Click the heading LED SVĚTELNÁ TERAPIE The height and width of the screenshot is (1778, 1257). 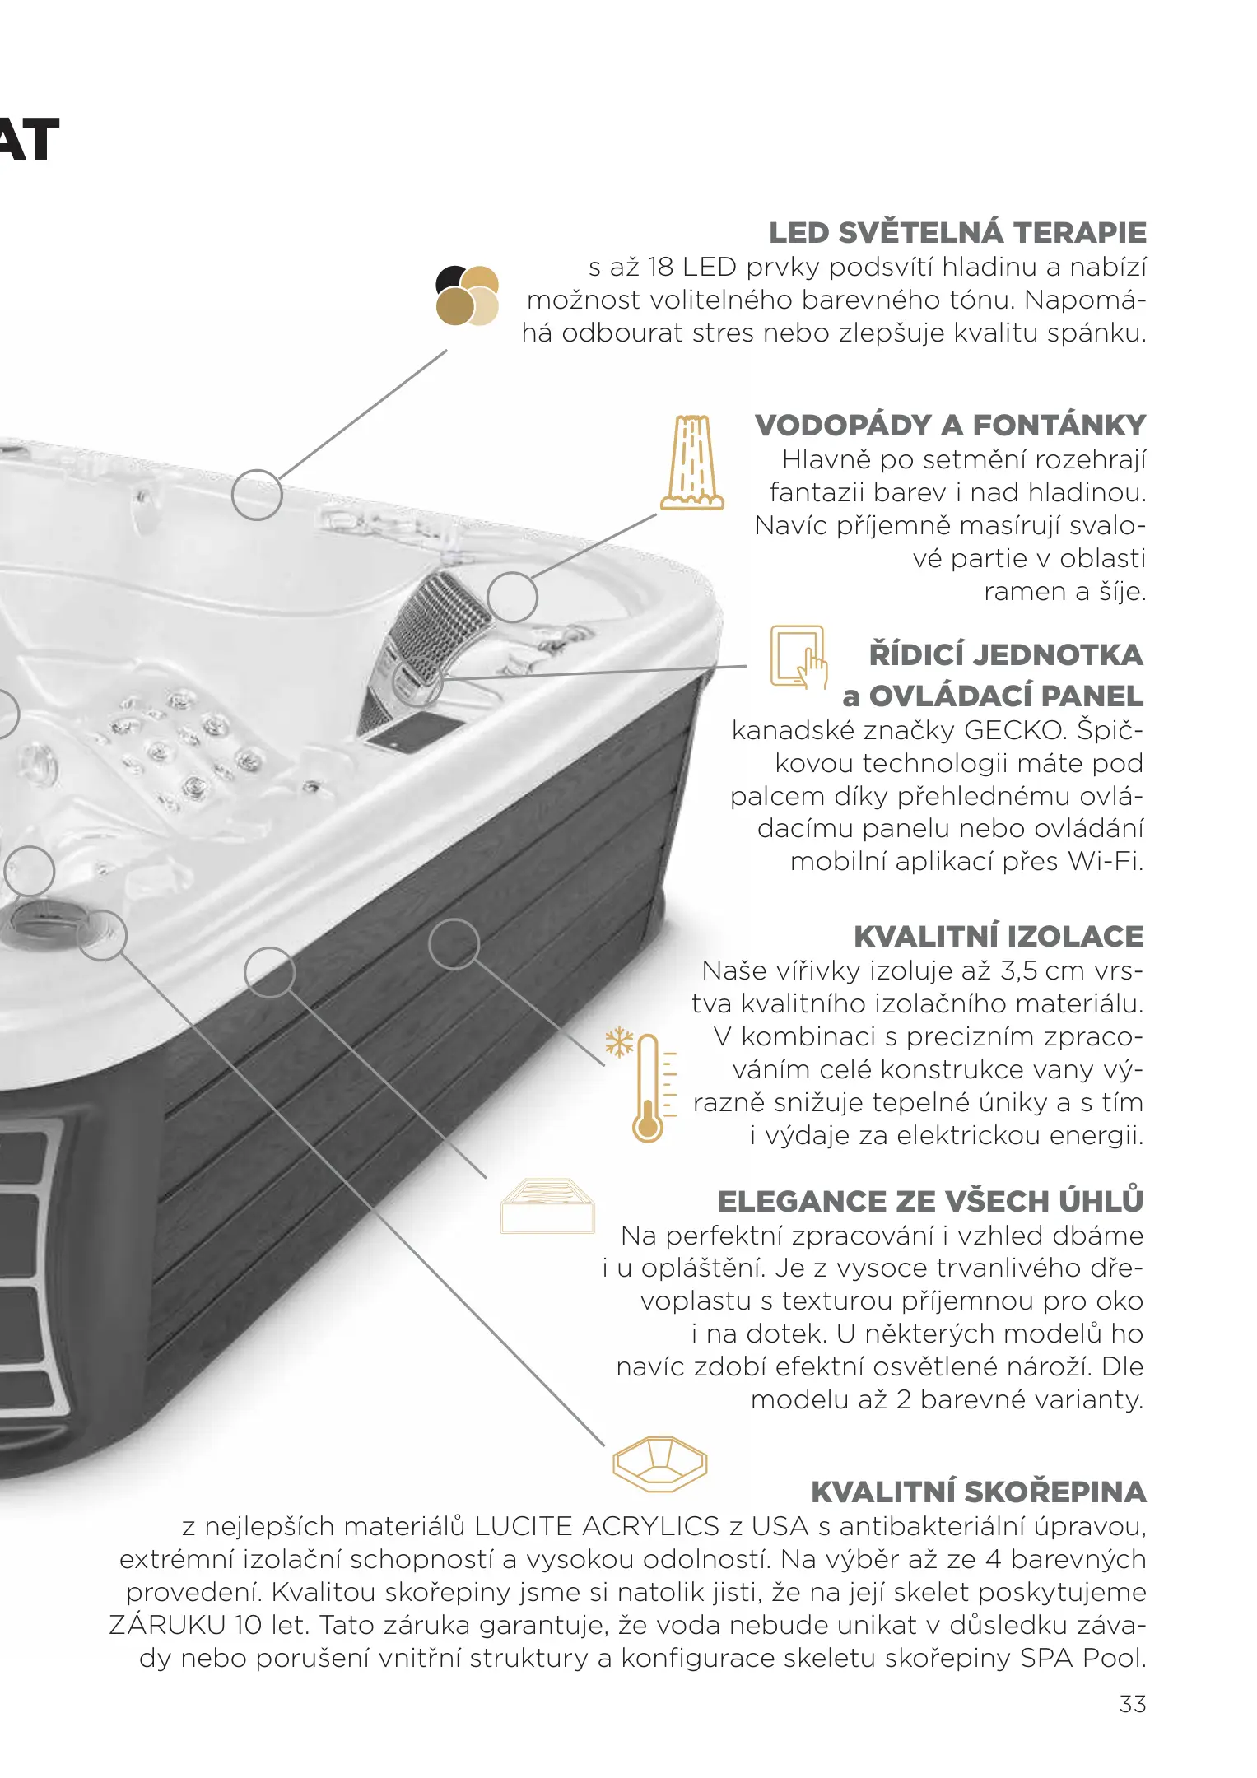coord(957,232)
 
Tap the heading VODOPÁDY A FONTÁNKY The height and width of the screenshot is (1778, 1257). coord(951,425)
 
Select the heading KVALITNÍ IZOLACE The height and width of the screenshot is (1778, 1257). coord(999,936)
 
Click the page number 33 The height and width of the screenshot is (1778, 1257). coord(1133,1704)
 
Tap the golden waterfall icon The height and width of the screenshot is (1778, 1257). coord(692,462)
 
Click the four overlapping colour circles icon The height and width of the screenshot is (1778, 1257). coord(468,295)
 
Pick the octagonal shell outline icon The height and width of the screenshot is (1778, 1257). coord(659,1464)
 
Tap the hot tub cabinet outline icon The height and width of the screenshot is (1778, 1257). coord(547,1206)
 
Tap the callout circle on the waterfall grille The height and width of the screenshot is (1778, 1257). coord(512,597)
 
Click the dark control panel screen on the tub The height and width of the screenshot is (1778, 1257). coord(416,732)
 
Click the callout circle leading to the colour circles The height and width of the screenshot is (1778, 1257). coord(257,495)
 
